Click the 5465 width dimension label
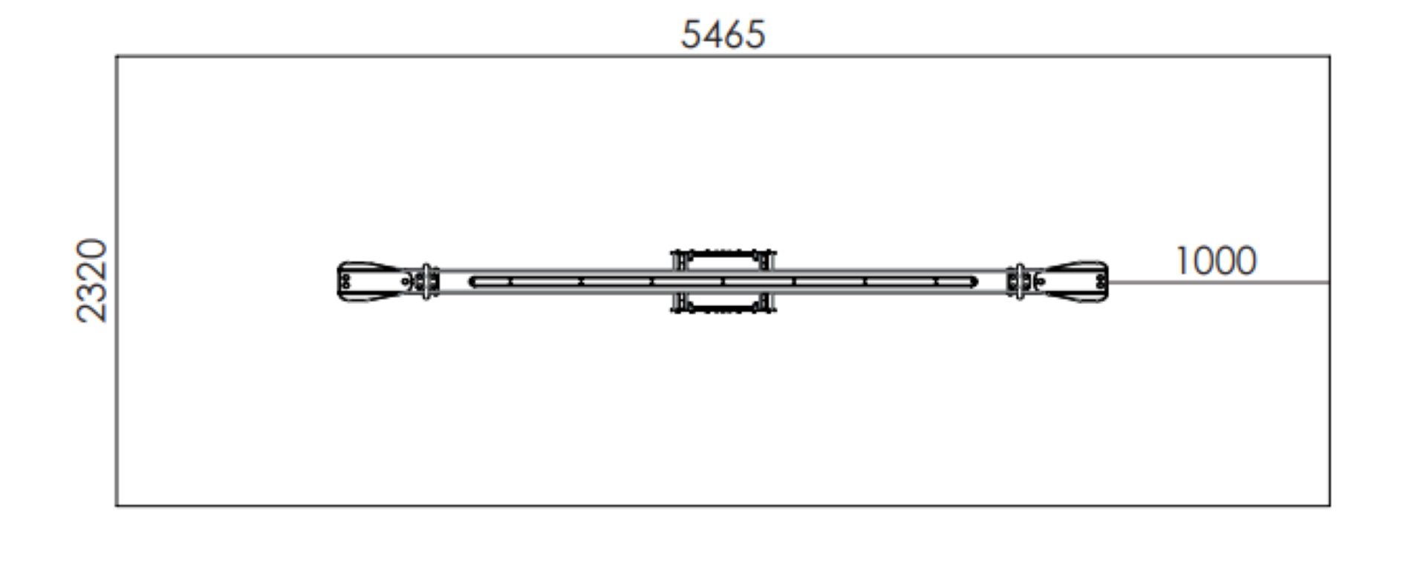(x=723, y=35)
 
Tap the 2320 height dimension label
(x=92, y=281)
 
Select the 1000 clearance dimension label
(x=1216, y=261)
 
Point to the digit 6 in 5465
(x=733, y=35)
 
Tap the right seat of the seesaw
(x=1071, y=282)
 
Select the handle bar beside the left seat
(x=426, y=282)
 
